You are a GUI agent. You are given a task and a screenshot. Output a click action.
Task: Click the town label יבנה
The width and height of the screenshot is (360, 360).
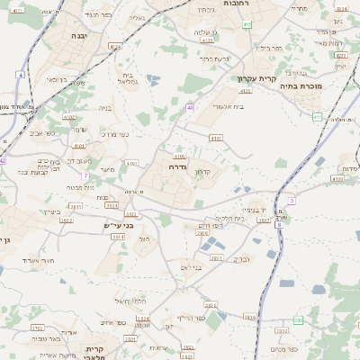click(x=78, y=35)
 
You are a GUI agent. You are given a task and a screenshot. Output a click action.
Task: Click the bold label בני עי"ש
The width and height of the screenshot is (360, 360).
click(x=117, y=227)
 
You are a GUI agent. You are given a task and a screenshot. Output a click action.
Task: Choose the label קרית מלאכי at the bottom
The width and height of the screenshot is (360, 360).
click(x=96, y=352)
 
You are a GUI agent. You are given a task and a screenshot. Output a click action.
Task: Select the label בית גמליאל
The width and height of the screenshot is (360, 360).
click(x=127, y=77)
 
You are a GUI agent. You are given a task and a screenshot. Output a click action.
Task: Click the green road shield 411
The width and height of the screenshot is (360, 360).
click(x=316, y=117)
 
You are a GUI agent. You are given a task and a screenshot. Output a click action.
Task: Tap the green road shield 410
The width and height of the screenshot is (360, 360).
click(x=246, y=24)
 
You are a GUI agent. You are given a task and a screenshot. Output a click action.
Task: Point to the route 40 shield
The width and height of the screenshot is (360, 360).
click(x=191, y=108)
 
